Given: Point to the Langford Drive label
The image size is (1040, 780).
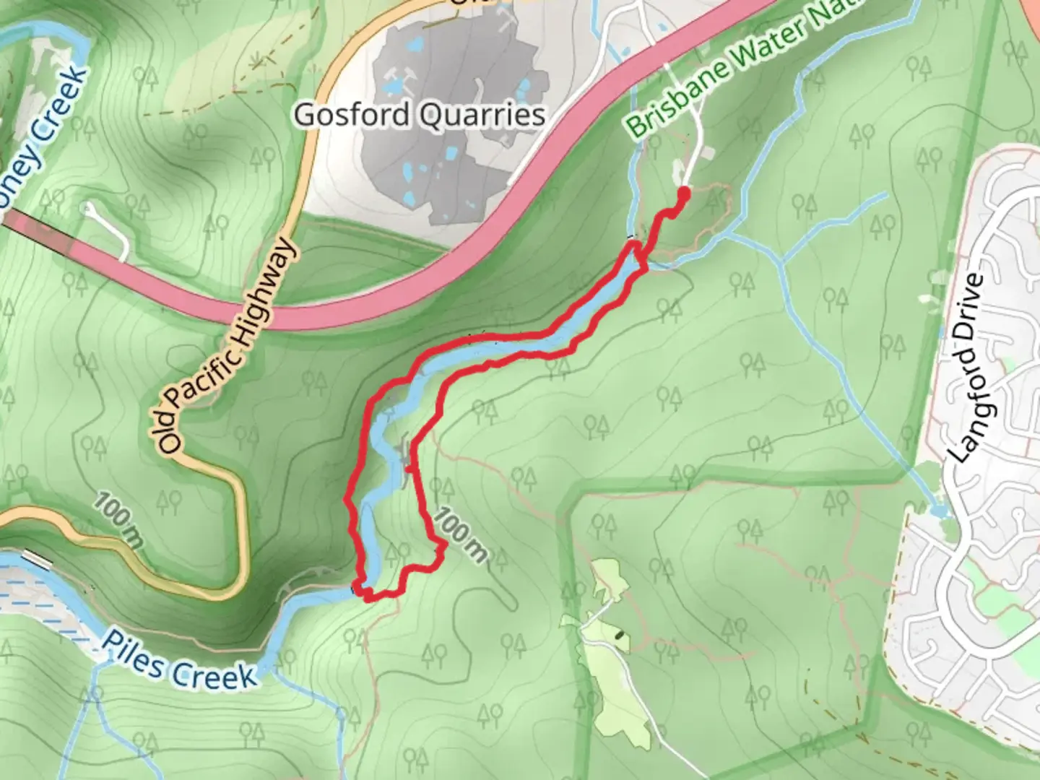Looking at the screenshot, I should pos(968,368).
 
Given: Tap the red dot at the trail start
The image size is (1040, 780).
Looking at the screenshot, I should pos(682,194).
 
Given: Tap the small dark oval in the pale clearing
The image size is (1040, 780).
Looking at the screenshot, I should pos(619,636).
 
